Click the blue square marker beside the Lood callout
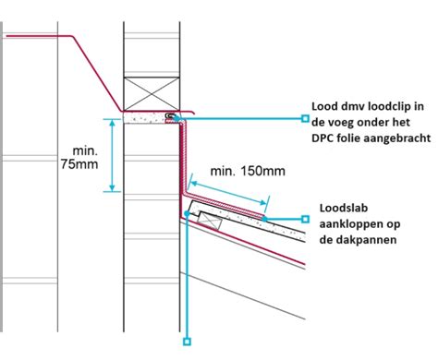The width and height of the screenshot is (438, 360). (x=306, y=118)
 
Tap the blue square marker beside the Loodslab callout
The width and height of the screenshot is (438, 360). (x=306, y=219)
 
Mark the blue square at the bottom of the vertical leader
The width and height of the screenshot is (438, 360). (x=188, y=342)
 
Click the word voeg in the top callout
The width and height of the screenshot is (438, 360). (x=347, y=122)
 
